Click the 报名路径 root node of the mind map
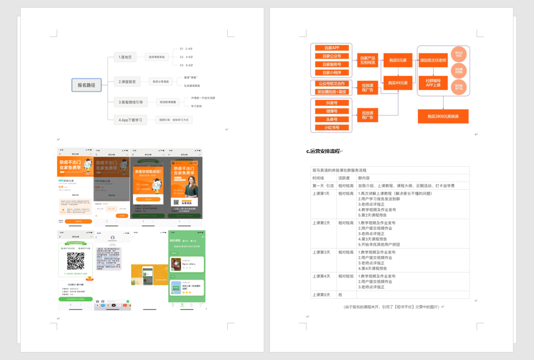[86, 85]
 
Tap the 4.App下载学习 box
[131, 120]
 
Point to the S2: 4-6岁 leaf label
[186, 57]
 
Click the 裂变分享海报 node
[160, 82]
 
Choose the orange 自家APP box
[332, 48]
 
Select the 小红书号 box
[332, 128]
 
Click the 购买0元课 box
[398, 60]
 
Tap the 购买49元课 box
[398, 83]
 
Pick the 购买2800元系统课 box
[443, 116]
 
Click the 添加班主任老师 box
[433, 60]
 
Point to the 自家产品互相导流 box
[367, 60]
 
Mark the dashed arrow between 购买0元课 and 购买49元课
[398, 72]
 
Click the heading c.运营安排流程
[323, 151]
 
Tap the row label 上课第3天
[321, 252]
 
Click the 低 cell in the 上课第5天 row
[341, 295]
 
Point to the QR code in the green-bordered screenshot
[75, 261]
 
